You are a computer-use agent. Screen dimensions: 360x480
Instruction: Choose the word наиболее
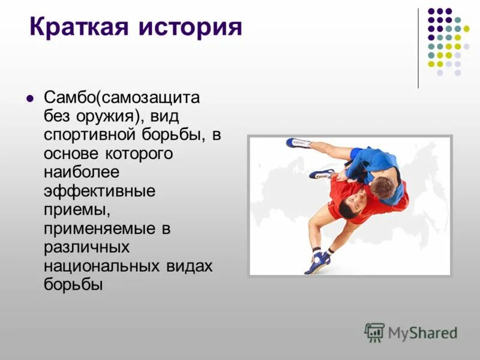click(x=81, y=173)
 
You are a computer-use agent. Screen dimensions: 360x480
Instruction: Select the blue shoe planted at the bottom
click(x=319, y=262)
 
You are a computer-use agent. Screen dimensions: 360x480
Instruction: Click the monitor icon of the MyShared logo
click(x=374, y=332)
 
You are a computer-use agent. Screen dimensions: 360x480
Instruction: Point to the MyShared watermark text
click(x=422, y=333)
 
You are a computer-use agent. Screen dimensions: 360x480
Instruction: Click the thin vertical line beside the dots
click(x=418, y=48)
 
